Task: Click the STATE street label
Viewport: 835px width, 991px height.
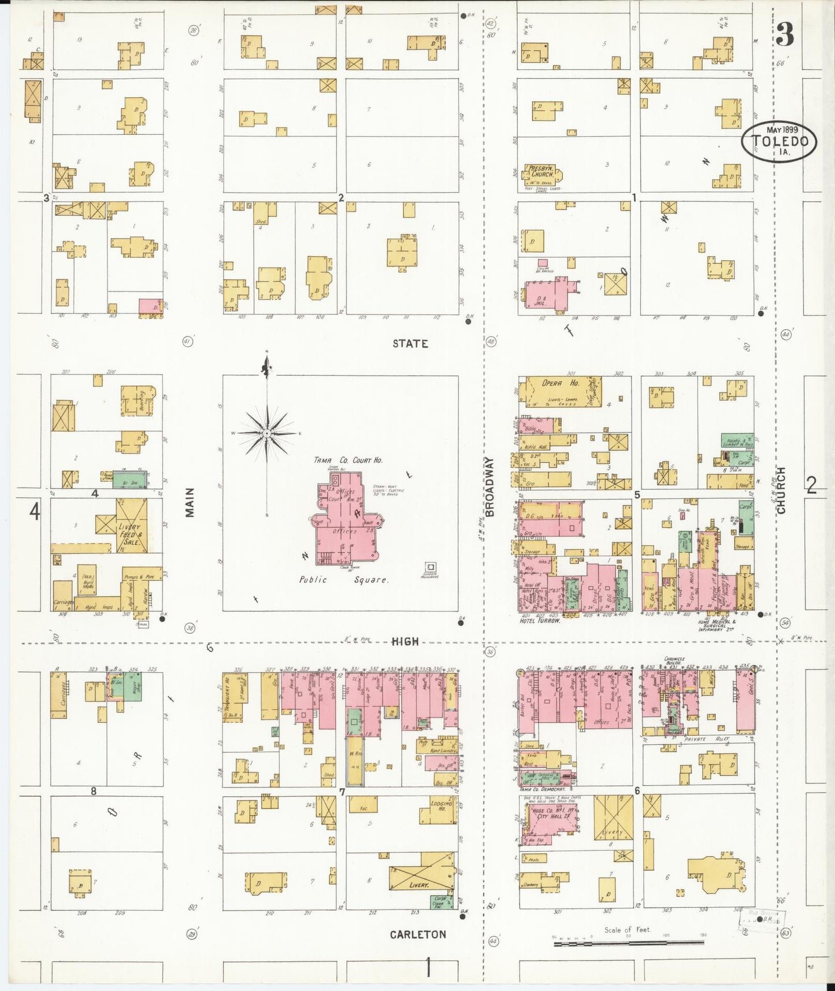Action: (x=410, y=343)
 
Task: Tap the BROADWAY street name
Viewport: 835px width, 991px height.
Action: (x=490, y=487)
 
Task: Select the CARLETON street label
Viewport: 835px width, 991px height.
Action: (x=418, y=934)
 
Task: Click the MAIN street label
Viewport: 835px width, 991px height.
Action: (x=190, y=502)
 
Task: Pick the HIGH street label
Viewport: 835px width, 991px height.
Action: (x=404, y=641)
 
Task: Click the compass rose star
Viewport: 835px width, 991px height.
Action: (x=267, y=432)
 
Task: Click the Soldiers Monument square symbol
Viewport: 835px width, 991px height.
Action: (x=430, y=567)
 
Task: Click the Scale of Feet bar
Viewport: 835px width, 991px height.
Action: (x=628, y=943)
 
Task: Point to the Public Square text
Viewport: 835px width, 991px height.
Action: (x=343, y=579)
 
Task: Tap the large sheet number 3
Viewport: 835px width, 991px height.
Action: (x=784, y=36)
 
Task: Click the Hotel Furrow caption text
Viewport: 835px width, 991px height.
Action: (x=540, y=620)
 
